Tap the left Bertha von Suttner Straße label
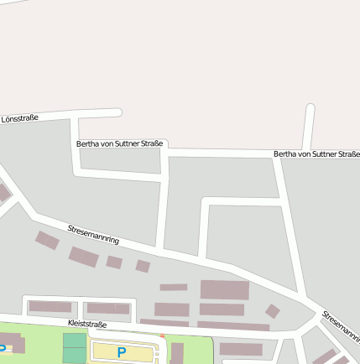coord(119,144)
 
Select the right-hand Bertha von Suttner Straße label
coord(316,154)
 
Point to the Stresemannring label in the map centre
coord(93,234)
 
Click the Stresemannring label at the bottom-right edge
coord(341,326)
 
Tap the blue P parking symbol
coord(122,352)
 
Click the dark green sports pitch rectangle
coord(74,347)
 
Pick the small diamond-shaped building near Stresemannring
coord(272,311)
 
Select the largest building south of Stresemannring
coord(224,290)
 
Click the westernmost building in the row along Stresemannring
coord(47,241)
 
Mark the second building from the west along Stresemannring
coord(83,256)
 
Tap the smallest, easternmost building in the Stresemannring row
coord(143,267)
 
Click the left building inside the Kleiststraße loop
coord(50,307)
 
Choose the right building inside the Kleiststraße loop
coord(108,309)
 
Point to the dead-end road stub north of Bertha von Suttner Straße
coord(309,127)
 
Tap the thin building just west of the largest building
coord(174,288)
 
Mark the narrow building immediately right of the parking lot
coord(177,352)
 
